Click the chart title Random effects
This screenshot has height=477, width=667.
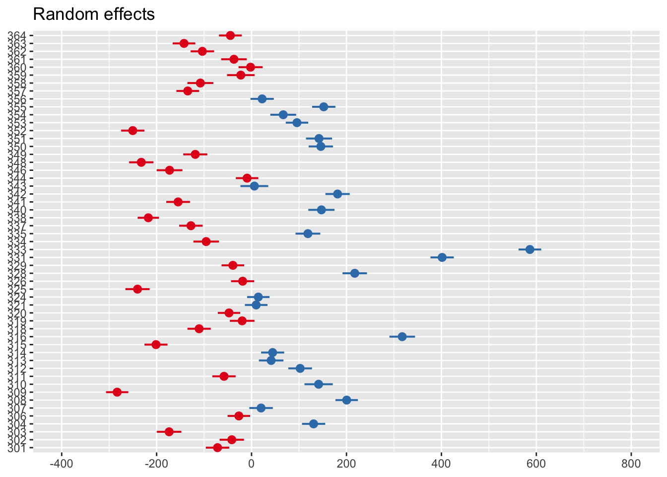pos(94,14)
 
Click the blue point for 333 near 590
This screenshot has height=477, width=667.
pos(530,249)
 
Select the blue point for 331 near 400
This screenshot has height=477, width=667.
pos(442,257)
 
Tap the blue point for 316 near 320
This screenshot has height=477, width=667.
pos(402,337)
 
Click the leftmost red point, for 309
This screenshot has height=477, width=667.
pos(117,392)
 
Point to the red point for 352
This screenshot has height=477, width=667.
pos(133,131)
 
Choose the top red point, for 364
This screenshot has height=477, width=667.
pos(230,35)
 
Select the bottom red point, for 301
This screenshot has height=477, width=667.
pos(217,448)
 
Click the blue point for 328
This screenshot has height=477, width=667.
pos(355,273)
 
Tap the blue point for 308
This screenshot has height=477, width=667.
pos(347,400)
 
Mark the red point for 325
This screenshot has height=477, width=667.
pos(137,289)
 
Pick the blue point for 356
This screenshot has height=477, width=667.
pos(262,99)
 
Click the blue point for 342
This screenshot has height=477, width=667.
pos(337,194)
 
